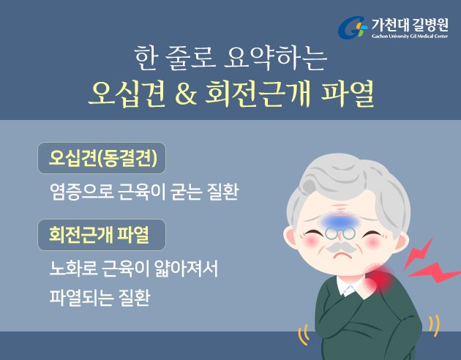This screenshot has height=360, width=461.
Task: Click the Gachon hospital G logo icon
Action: tap(353, 28)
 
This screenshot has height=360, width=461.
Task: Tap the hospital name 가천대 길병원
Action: tap(410, 25)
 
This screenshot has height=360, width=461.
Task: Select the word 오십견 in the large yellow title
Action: tap(127, 94)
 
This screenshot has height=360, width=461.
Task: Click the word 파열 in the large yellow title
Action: tap(348, 94)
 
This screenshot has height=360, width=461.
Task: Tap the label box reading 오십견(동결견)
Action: tap(102, 158)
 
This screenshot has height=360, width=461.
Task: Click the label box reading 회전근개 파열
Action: tap(102, 235)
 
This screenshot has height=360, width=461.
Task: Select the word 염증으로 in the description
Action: tap(82, 192)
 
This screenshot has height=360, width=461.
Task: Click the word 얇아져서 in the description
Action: tap(181, 269)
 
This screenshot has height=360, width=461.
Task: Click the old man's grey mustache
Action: tap(341, 248)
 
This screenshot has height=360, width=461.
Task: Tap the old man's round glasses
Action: tap(340, 233)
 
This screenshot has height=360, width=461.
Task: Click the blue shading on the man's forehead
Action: tap(340, 221)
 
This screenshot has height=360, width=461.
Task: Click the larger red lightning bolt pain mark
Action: tap(434, 273)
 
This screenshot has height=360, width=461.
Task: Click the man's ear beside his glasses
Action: tap(291, 236)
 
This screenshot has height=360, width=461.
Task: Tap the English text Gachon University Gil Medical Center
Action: tap(410, 36)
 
